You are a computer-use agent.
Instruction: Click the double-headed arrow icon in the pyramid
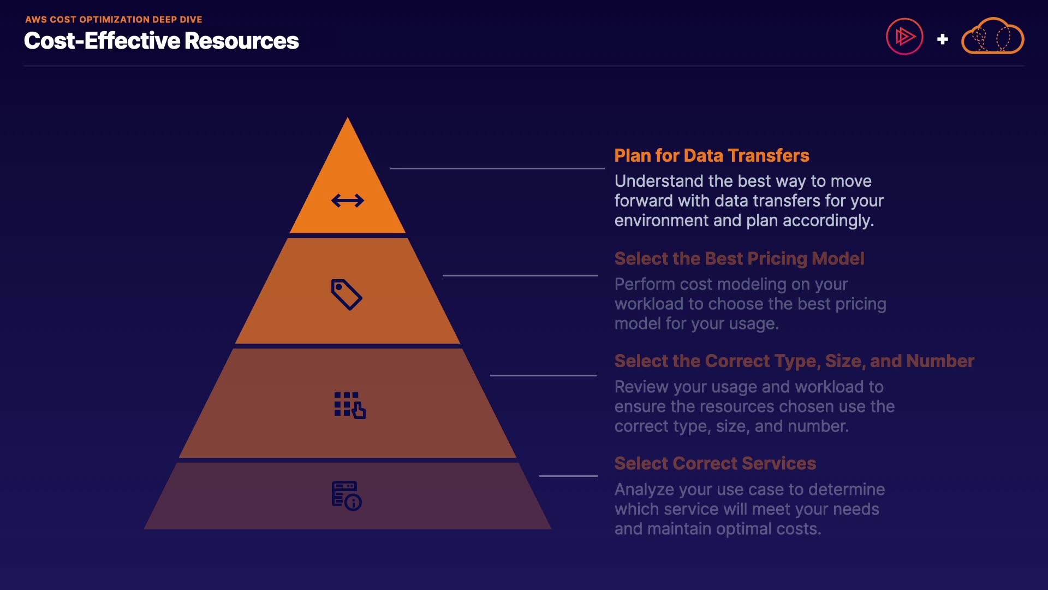347,200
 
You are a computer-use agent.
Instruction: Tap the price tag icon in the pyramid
347,294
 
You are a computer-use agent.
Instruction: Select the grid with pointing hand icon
349,405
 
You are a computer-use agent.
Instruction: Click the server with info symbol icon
347,495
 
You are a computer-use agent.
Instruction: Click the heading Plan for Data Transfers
711,156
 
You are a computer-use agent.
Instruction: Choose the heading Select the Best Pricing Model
739,258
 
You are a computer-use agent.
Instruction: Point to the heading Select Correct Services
715,463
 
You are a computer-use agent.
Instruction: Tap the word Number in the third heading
940,361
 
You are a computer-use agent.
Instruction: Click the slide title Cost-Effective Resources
162,41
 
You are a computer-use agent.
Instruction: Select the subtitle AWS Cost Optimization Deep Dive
114,20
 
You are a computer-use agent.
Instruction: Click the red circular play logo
904,37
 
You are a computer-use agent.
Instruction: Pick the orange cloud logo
992,37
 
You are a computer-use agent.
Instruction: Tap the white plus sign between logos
942,39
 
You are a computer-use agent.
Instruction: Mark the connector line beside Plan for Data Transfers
497,168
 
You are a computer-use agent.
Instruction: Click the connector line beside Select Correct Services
568,476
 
